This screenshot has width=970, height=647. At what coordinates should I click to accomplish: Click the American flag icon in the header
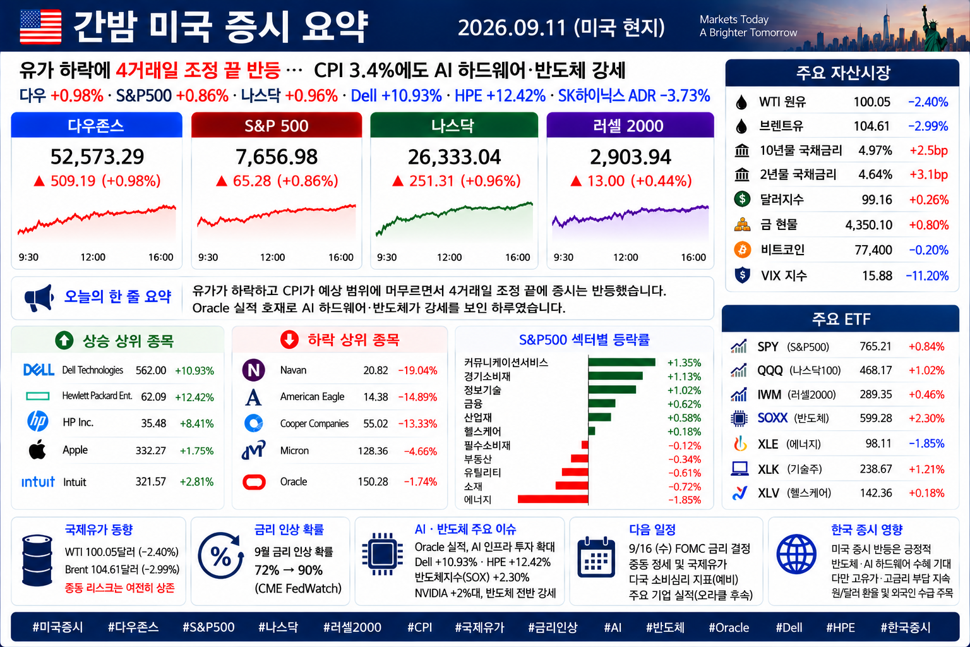point(40,27)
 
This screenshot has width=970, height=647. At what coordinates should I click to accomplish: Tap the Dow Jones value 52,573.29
point(97,157)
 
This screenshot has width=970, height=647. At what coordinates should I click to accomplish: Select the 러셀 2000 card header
point(630,125)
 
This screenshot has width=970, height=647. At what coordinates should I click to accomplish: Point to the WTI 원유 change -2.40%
point(928,102)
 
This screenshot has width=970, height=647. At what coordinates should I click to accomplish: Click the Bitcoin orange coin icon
point(742,250)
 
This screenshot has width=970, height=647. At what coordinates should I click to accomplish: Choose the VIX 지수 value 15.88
point(877,275)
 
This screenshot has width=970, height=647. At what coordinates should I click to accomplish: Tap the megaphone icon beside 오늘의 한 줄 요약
point(39,298)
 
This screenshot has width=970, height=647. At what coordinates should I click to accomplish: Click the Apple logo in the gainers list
point(37,449)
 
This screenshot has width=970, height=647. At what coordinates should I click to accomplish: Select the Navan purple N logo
point(253,370)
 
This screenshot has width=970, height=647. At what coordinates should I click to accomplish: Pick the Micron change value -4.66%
point(420,451)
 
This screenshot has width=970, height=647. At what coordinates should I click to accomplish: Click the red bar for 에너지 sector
point(553,499)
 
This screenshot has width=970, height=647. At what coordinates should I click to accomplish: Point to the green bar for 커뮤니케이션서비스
point(622,362)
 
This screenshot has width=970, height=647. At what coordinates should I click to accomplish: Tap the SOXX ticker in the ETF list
point(772,418)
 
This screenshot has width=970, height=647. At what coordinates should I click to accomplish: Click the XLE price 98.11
point(878,444)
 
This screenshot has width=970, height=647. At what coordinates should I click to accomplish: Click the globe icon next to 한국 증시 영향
point(796,554)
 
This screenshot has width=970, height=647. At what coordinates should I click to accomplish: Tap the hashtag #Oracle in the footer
point(729,627)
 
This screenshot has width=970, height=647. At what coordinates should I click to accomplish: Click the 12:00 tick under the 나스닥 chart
point(449,257)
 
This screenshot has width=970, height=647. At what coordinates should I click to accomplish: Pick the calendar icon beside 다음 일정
point(596,558)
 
